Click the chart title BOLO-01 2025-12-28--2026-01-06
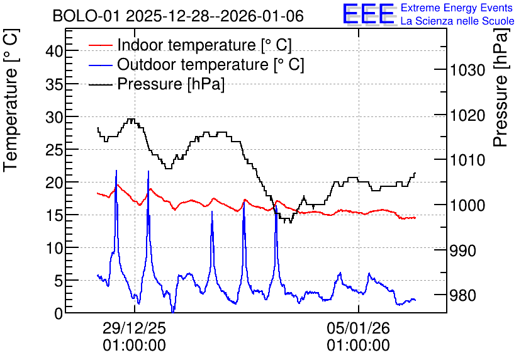pos(178,16)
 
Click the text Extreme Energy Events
pos(457,8)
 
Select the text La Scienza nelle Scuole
pos(457,21)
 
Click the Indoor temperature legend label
pos(204,45)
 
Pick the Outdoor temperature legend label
pos(211,64)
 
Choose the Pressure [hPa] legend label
pos(171,84)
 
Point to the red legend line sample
pos(100,45)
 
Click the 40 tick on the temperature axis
pos(54,52)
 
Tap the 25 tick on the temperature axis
pos(54,150)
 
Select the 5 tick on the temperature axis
pos(59,281)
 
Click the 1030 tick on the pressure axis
pos(467,70)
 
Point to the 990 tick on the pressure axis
pos(462,250)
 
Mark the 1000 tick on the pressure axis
pos(467,205)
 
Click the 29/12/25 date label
pos(134,328)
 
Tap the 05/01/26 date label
pos(359,328)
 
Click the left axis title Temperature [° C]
pos(11,101)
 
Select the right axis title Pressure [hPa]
pos(501,87)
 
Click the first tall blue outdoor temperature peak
pos(116,171)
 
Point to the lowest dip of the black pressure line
pos(287,222)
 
